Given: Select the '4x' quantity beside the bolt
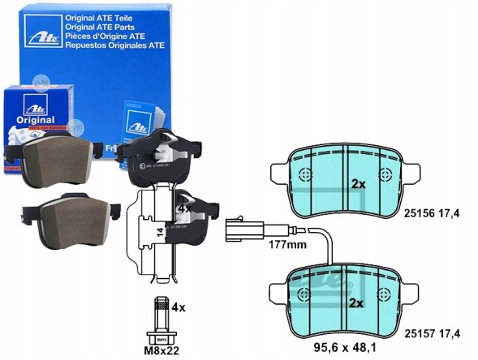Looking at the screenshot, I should tap(178, 308).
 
